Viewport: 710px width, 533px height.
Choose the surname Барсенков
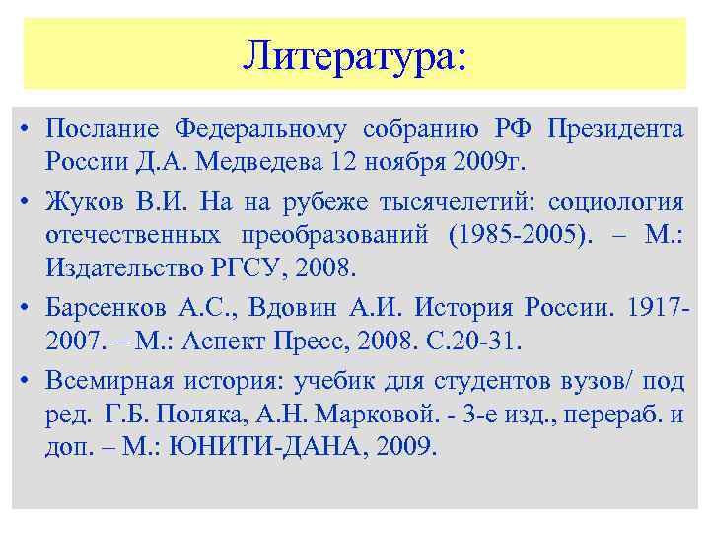click(x=106, y=309)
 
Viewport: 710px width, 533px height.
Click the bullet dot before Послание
click(x=25, y=129)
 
